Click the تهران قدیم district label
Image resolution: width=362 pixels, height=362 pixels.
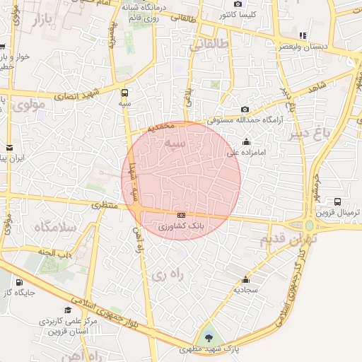pos(286,239)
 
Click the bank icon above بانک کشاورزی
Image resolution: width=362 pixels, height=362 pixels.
pos(182,214)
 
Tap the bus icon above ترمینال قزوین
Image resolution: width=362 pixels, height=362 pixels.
pos(337,202)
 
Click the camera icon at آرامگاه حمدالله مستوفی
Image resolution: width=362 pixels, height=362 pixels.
pos(245,109)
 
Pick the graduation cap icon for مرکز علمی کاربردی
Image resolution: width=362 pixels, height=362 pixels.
pos(69,310)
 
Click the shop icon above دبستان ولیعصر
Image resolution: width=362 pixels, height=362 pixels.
pos(303,35)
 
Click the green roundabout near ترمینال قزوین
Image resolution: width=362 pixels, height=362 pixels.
pos(309,226)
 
